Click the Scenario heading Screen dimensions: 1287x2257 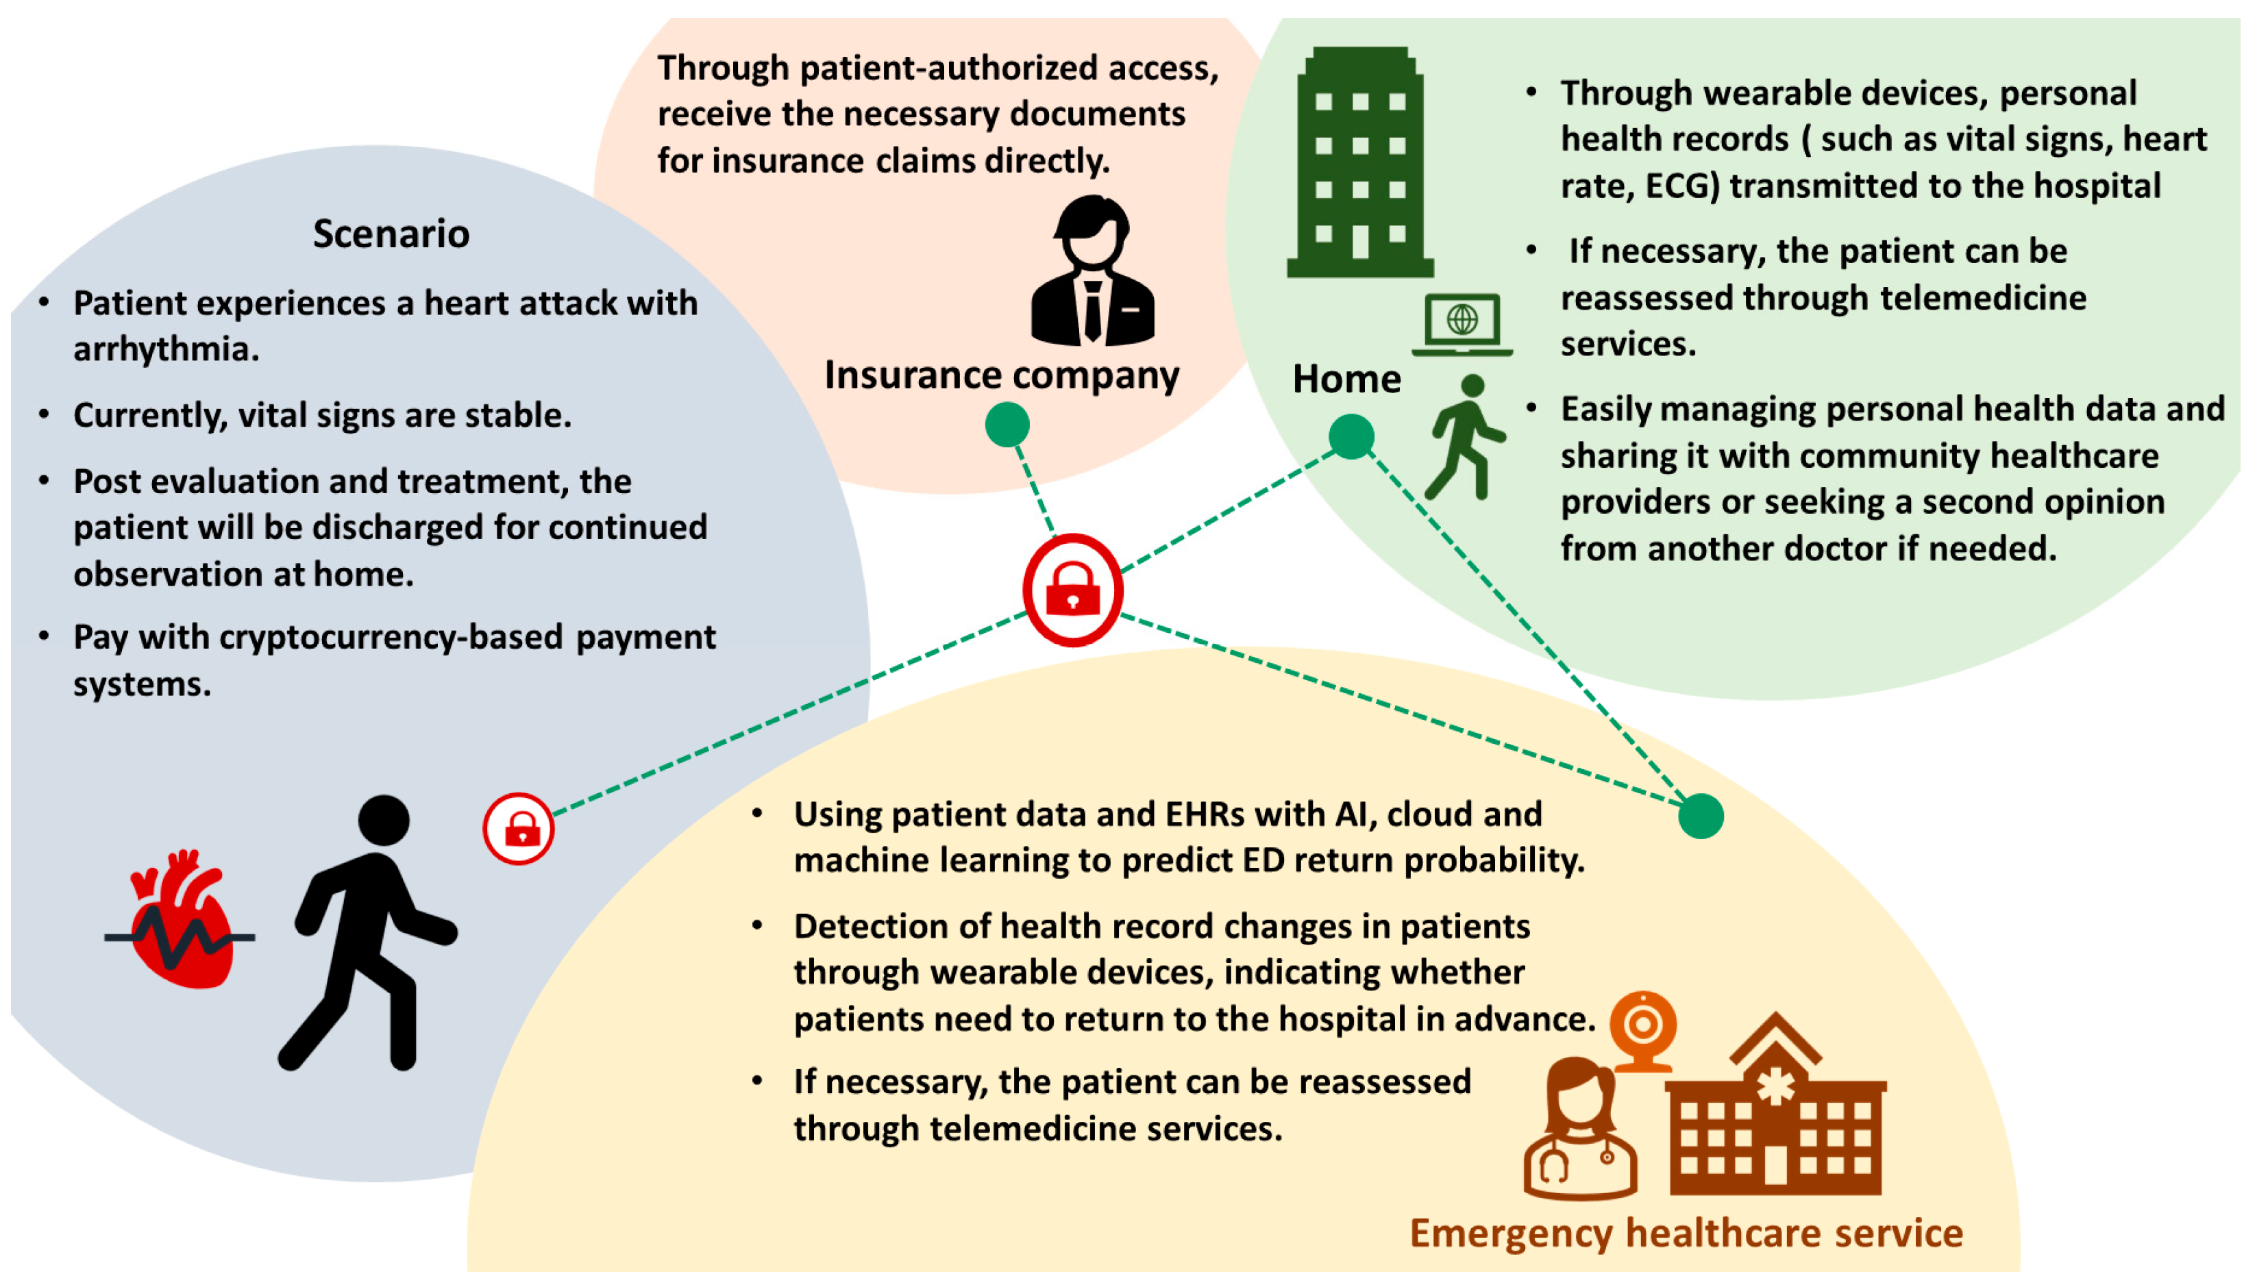[x=391, y=234]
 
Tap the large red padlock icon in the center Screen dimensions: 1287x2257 [x=1072, y=590]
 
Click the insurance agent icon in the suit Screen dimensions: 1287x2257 [x=1093, y=271]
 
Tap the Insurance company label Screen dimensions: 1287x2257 [x=1001, y=375]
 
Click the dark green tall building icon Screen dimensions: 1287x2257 [x=1359, y=164]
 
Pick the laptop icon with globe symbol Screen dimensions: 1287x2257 [x=1461, y=325]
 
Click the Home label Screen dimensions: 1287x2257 [x=1346, y=379]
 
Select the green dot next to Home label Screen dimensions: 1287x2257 [x=1350, y=437]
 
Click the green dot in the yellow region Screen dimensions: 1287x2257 [x=1700, y=815]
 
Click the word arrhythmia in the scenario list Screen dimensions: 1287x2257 [x=165, y=350]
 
